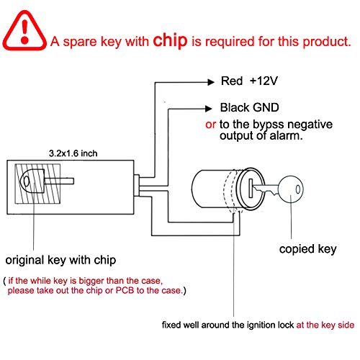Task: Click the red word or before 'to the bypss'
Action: (210, 123)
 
